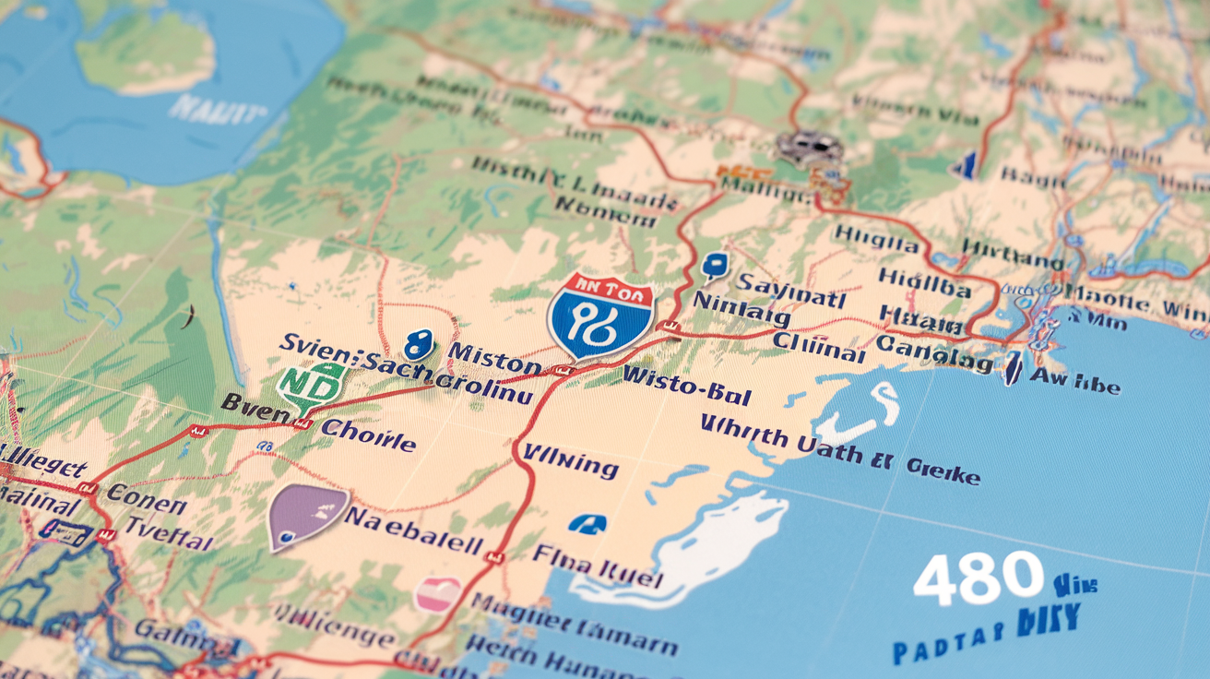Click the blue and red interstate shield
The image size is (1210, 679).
600,315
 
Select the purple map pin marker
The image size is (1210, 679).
306,516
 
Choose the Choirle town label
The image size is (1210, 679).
368,434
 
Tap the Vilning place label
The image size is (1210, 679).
570,462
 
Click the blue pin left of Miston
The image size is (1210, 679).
419,345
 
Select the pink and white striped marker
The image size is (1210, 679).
437,593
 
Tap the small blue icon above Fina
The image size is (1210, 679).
587,525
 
